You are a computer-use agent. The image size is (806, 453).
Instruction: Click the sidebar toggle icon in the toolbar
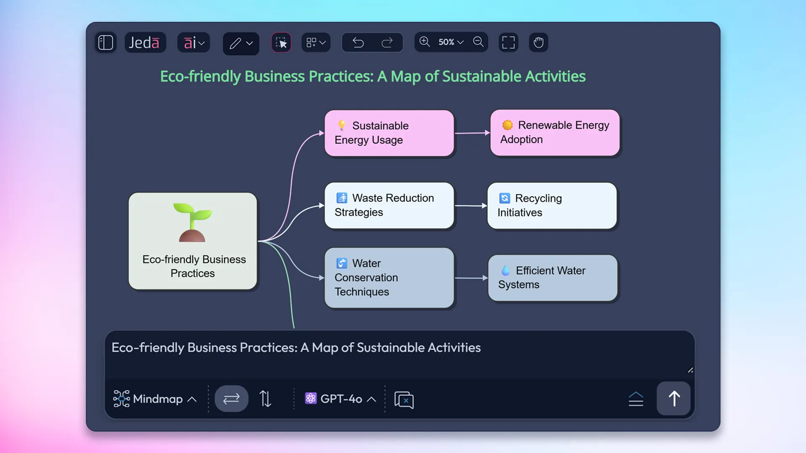105,42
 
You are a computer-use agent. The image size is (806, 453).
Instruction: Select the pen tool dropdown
241,43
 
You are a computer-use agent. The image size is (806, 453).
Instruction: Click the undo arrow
358,42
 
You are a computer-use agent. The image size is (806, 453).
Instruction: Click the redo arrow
387,42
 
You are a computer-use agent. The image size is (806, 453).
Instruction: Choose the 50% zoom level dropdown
451,42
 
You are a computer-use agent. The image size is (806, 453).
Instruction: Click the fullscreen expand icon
508,42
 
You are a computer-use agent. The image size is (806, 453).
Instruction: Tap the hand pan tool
538,42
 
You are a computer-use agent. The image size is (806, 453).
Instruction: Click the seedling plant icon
192,222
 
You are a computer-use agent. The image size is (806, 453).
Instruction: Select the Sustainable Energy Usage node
389,133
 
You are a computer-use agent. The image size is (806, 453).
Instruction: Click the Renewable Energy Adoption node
555,133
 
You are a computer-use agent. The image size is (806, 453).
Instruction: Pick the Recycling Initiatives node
552,206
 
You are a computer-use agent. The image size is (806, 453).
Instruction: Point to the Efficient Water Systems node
552,278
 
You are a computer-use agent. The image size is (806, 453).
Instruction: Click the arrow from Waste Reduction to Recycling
471,206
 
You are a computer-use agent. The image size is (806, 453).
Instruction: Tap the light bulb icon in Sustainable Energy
342,125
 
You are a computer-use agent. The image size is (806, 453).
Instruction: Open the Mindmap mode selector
154,399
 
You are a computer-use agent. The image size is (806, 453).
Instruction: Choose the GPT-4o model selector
340,399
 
